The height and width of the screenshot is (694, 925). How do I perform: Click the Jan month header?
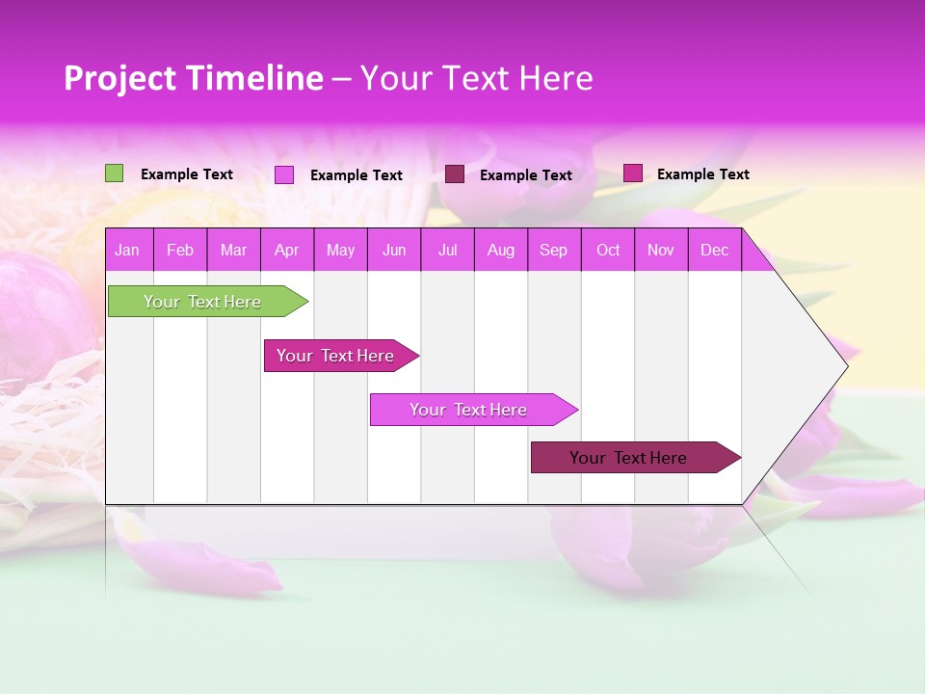click(127, 251)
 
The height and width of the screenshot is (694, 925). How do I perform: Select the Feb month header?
click(180, 251)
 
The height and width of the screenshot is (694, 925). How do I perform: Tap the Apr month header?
click(286, 251)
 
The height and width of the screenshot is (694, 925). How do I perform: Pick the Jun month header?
click(394, 251)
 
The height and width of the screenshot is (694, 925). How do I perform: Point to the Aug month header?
click(501, 251)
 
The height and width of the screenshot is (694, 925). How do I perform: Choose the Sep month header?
click(553, 251)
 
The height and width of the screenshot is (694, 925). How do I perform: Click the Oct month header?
click(608, 251)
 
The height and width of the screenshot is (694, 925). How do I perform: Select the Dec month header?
click(714, 251)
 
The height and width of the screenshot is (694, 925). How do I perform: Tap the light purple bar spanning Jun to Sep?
click(470, 410)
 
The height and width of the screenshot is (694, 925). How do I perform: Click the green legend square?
click(114, 173)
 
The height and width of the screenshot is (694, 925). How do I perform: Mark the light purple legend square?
click(283, 174)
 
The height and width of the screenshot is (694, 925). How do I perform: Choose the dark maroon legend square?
click(455, 174)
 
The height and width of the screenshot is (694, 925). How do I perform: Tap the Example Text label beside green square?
click(187, 174)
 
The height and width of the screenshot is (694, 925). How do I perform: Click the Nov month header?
click(661, 251)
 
